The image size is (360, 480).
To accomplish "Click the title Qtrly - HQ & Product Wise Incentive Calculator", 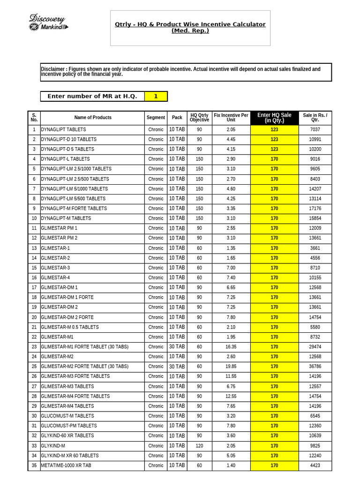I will click(190, 24).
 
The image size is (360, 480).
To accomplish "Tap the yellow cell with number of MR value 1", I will click(156, 96).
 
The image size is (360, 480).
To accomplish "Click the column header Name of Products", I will click(93, 118).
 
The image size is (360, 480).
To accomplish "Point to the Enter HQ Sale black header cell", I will click(274, 118).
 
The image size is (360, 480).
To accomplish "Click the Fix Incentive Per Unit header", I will click(231, 118).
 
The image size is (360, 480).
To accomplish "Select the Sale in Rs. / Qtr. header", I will click(315, 118).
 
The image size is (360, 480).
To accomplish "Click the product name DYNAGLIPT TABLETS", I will click(63, 129).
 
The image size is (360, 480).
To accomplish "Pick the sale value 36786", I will click(315, 367).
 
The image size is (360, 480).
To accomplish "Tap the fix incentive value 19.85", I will click(231, 367).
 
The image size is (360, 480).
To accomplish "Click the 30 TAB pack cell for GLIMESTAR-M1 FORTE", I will click(177, 347).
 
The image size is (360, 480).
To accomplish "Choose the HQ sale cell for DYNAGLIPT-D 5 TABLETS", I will click(274, 149).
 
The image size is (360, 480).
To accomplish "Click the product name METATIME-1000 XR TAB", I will click(66, 465).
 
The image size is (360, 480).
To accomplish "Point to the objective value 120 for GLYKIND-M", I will click(199, 446).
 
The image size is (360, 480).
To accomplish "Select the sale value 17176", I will click(315, 209).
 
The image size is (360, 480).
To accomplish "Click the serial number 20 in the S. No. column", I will click(34, 317).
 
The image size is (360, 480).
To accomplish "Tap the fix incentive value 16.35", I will click(231, 347).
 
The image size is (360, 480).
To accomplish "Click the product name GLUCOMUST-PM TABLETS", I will click(69, 426).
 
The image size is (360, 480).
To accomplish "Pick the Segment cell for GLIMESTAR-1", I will click(156, 248).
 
